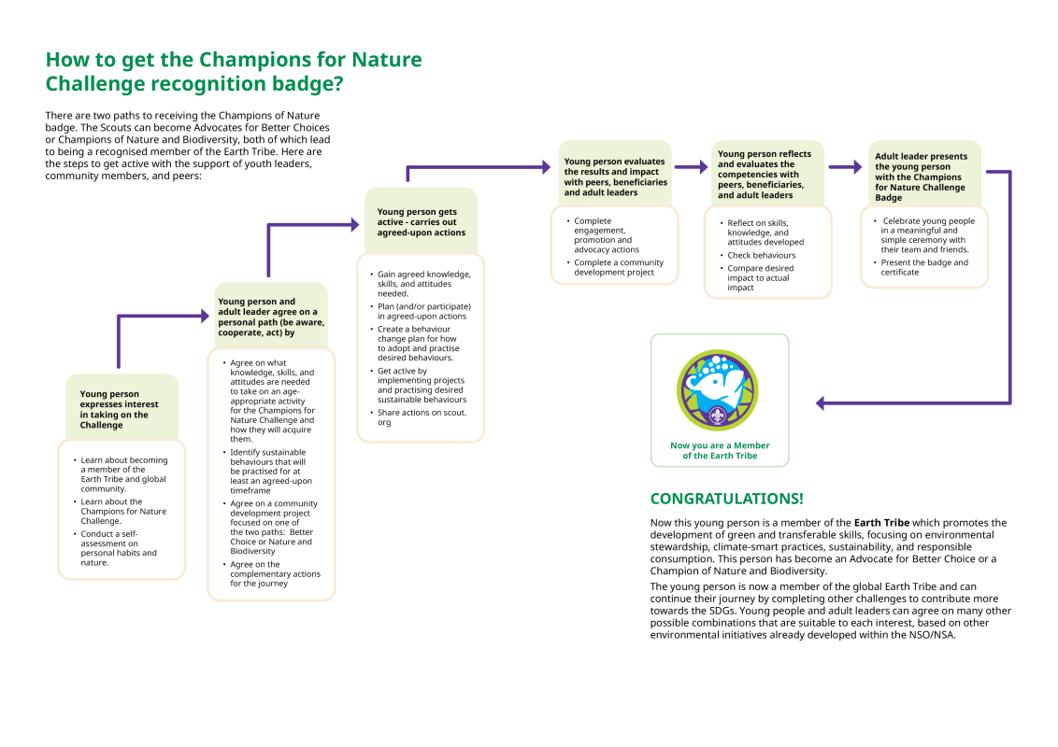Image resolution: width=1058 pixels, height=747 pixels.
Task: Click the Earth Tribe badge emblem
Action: point(718,390)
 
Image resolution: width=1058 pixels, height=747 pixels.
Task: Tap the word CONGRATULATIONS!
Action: point(726,499)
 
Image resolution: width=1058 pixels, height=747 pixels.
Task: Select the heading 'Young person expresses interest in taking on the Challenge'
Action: point(120,410)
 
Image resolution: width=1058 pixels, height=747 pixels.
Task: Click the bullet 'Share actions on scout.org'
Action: point(422,417)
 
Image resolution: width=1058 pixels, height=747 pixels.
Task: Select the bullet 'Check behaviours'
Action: point(762,255)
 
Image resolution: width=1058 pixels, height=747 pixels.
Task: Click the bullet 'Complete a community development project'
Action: point(619,267)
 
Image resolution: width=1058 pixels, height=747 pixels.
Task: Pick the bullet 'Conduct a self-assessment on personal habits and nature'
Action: point(119,548)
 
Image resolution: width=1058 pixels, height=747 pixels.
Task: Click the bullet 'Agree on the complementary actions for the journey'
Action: point(275,573)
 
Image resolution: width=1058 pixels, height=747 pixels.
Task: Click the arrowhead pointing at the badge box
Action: point(820,402)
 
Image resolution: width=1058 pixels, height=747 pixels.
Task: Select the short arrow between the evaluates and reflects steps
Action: point(692,168)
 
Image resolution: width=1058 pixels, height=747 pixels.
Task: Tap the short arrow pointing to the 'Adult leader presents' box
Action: point(845,167)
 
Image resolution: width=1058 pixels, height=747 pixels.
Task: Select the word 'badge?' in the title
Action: point(308,84)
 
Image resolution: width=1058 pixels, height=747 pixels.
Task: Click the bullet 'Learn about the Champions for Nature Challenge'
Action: point(123,511)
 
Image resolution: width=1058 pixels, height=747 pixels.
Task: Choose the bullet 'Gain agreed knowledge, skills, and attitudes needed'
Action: point(423,284)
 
